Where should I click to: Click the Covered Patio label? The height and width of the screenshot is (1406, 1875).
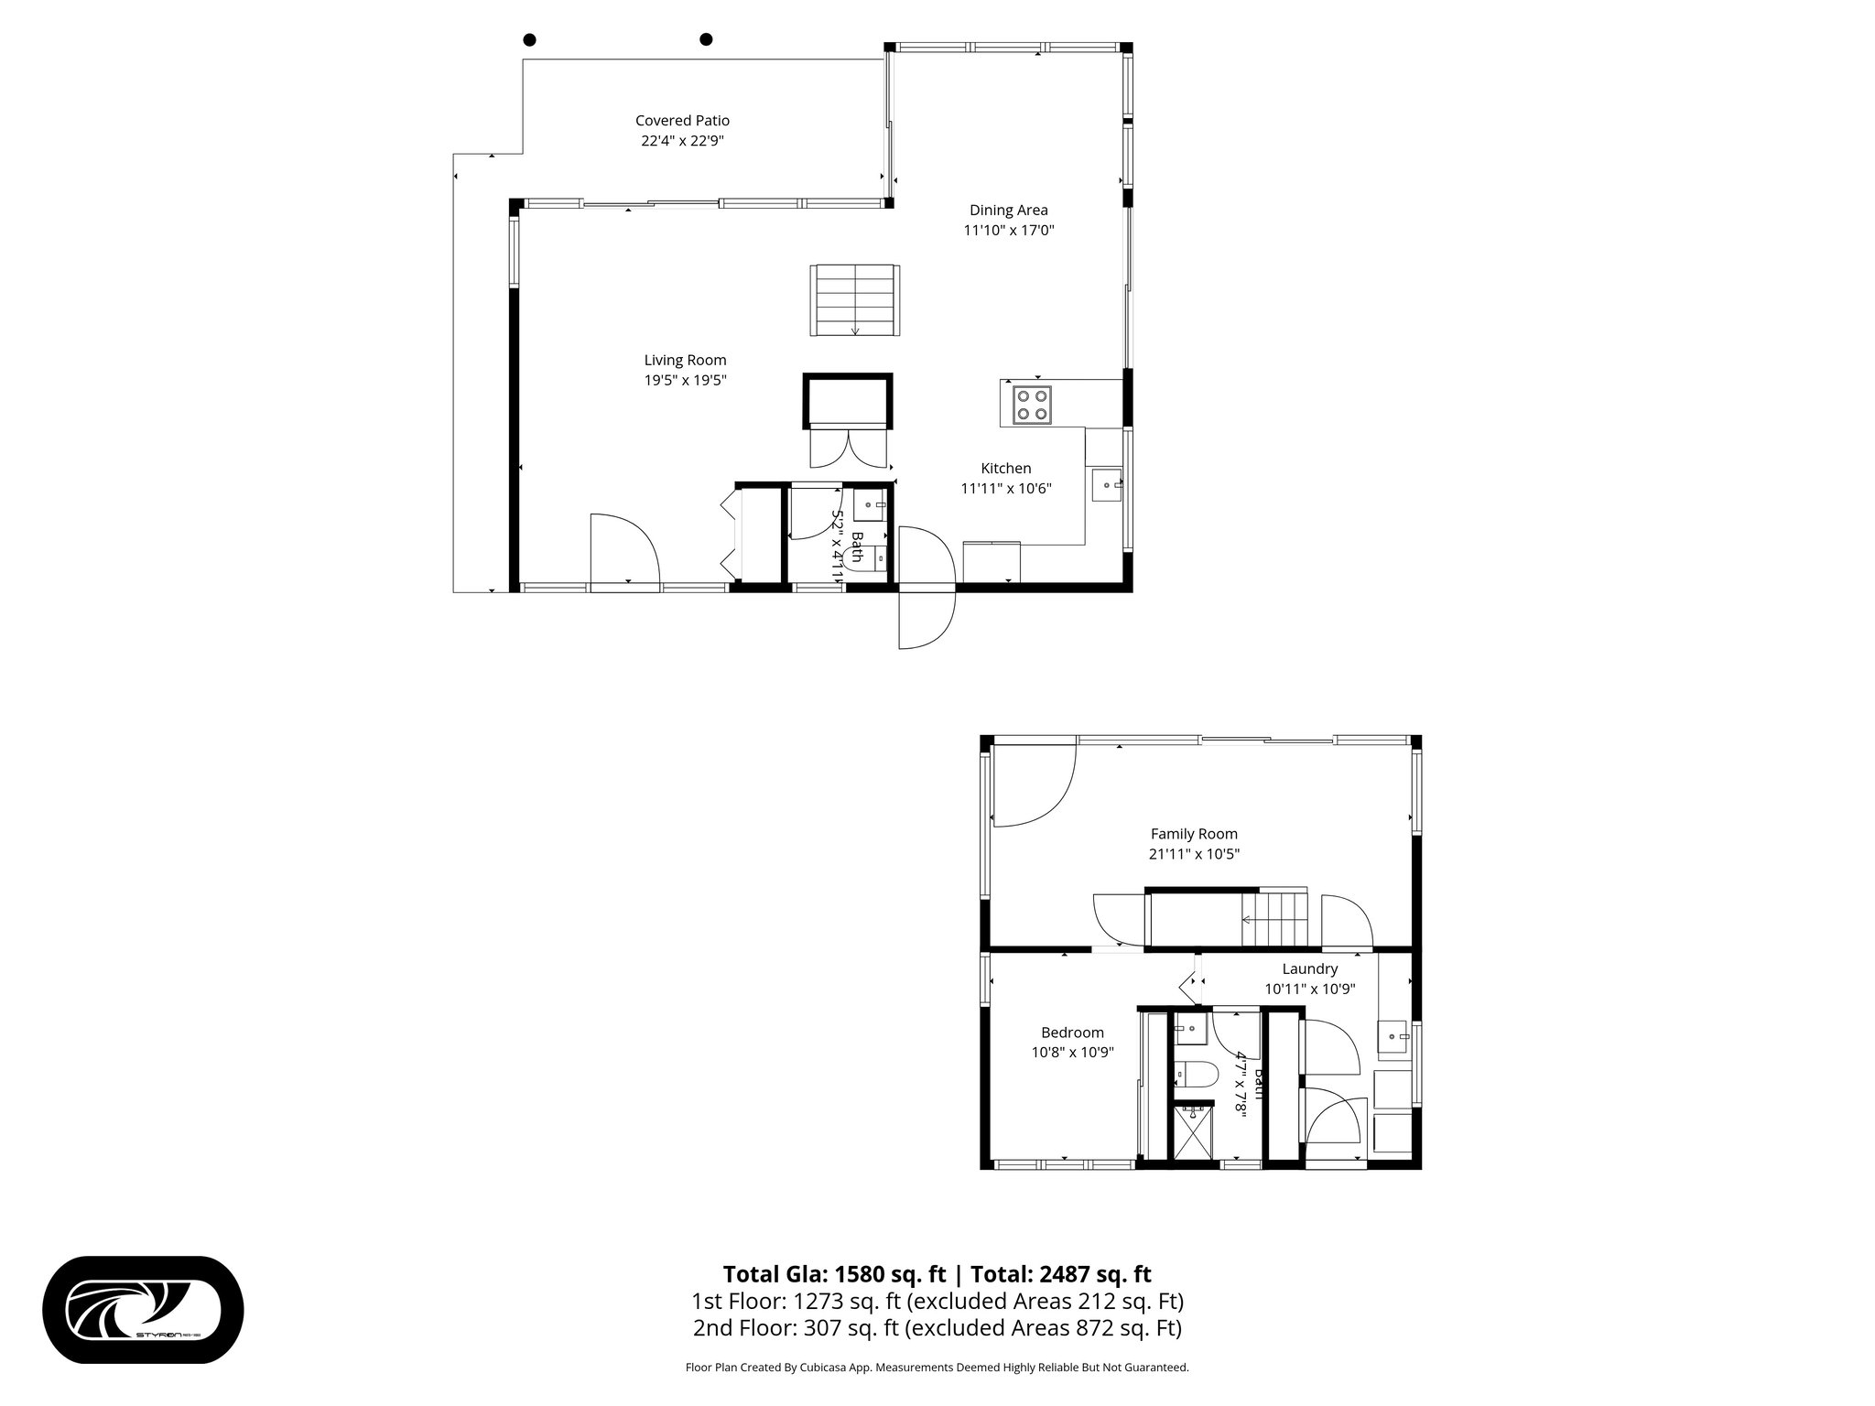coord(682,121)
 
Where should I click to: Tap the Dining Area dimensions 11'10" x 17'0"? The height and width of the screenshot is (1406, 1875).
coord(1008,231)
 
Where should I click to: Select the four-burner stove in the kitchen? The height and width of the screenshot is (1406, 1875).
coord(1032,404)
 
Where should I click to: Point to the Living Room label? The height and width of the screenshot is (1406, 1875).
coord(685,361)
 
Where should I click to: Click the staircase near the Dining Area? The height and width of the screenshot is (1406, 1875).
coord(853,300)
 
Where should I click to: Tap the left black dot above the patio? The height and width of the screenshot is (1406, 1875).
coord(529,39)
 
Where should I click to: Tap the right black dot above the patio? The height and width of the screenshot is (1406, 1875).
coord(706,39)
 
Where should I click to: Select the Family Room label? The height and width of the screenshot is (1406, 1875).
coord(1194,834)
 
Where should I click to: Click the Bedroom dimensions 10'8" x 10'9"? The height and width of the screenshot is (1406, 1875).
coord(1072,1053)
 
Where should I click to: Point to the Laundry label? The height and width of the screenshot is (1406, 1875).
coord(1309,968)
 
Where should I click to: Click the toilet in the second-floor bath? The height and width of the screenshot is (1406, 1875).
coord(1195,1074)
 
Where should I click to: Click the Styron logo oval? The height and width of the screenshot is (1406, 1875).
coord(143,1310)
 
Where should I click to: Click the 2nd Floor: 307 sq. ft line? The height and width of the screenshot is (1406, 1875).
coord(937,1327)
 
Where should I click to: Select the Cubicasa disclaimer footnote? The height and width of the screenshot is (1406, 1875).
coord(937,1368)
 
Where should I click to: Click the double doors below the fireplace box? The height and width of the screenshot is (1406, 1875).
coord(848,449)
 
